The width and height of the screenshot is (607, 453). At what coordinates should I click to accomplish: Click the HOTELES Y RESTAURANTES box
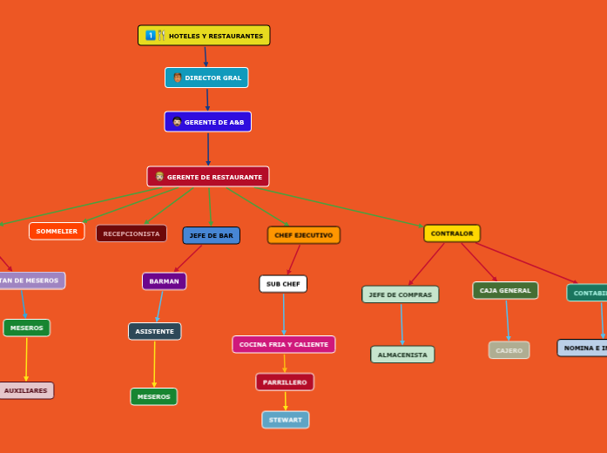pyautogui.click(x=204, y=36)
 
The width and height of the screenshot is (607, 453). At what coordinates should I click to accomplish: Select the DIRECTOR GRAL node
pyautogui.click(x=206, y=78)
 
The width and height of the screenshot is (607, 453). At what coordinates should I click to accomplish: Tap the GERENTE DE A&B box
pyautogui.click(x=207, y=122)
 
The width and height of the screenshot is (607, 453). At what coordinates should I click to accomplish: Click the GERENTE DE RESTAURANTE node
pyautogui.click(x=208, y=177)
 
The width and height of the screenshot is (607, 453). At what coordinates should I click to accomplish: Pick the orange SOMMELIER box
pyautogui.click(x=57, y=231)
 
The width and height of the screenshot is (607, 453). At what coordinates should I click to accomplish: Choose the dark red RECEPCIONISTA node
pyautogui.click(x=132, y=233)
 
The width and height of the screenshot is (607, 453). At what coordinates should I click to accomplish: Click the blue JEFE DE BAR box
pyautogui.click(x=211, y=235)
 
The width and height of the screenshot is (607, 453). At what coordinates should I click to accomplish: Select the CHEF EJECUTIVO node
pyautogui.click(x=303, y=235)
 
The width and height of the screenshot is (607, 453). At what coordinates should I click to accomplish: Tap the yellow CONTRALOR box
pyautogui.click(x=452, y=233)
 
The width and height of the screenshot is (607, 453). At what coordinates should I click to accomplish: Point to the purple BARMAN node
pyautogui.click(x=164, y=281)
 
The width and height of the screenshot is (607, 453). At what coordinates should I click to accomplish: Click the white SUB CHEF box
pyautogui.click(x=283, y=284)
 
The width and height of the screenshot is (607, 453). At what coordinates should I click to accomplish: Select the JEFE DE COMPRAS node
pyautogui.click(x=401, y=294)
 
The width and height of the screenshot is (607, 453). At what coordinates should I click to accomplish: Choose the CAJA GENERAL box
pyautogui.click(x=505, y=290)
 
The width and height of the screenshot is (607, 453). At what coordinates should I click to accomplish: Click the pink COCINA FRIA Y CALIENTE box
pyautogui.click(x=284, y=344)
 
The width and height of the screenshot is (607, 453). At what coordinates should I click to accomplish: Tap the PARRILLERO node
pyautogui.click(x=285, y=382)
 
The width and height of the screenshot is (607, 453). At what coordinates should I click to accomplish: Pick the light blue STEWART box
pyautogui.click(x=286, y=420)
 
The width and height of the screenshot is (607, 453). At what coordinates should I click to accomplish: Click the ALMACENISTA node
pyautogui.click(x=402, y=355)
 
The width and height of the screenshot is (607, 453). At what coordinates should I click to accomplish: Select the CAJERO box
pyautogui.click(x=509, y=350)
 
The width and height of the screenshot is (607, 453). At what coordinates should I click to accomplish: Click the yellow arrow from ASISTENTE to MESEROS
pyautogui.click(x=154, y=364)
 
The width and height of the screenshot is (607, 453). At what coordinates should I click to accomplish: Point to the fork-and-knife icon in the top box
pyautogui.click(x=161, y=36)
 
